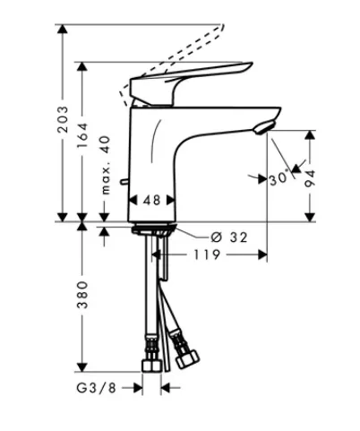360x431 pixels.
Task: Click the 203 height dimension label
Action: (63, 119)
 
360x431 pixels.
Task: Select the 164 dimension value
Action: (82, 135)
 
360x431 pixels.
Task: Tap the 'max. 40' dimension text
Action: (106, 165)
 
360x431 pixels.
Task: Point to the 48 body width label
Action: (152, 200)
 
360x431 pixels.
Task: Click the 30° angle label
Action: (279, 178)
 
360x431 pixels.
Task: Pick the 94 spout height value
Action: (310, 178)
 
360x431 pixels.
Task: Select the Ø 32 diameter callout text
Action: (229, 237)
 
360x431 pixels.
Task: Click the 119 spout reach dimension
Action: (207, 254)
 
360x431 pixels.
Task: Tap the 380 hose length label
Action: (82, 295)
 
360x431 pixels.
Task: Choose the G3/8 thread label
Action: (96, 388)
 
